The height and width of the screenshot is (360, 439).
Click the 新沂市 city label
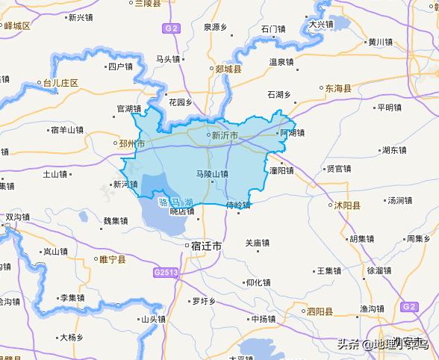(x=225, y=136)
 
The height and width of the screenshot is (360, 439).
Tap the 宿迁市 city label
(x=206, y=245)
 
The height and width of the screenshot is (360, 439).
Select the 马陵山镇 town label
(x=211, y=174)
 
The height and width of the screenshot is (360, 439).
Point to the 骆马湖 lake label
(x=176, y=202)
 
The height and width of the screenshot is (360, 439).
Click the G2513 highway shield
(x=166, y=273)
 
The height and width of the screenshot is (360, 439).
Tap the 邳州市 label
(x=132, y=142)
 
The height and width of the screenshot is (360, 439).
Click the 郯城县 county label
(x=228, y=69)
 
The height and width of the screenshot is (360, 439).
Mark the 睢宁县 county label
(x=113, y=260)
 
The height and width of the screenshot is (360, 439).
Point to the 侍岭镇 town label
(x=239, y=204)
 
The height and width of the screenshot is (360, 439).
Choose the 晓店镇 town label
(x=182, y=211)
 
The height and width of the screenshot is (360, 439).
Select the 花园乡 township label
(x=180, y=102)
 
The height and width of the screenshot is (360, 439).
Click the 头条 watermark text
(x=349, y=345)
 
